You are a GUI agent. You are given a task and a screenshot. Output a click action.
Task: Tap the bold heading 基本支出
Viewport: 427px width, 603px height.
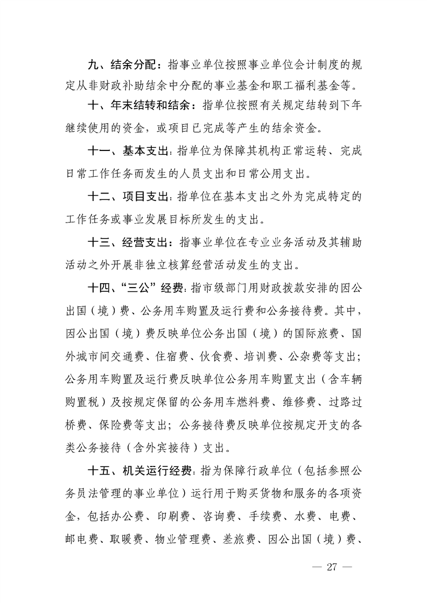(x=145, y=152)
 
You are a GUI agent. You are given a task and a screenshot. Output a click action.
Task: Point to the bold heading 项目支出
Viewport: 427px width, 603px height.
(x=145, y=197)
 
